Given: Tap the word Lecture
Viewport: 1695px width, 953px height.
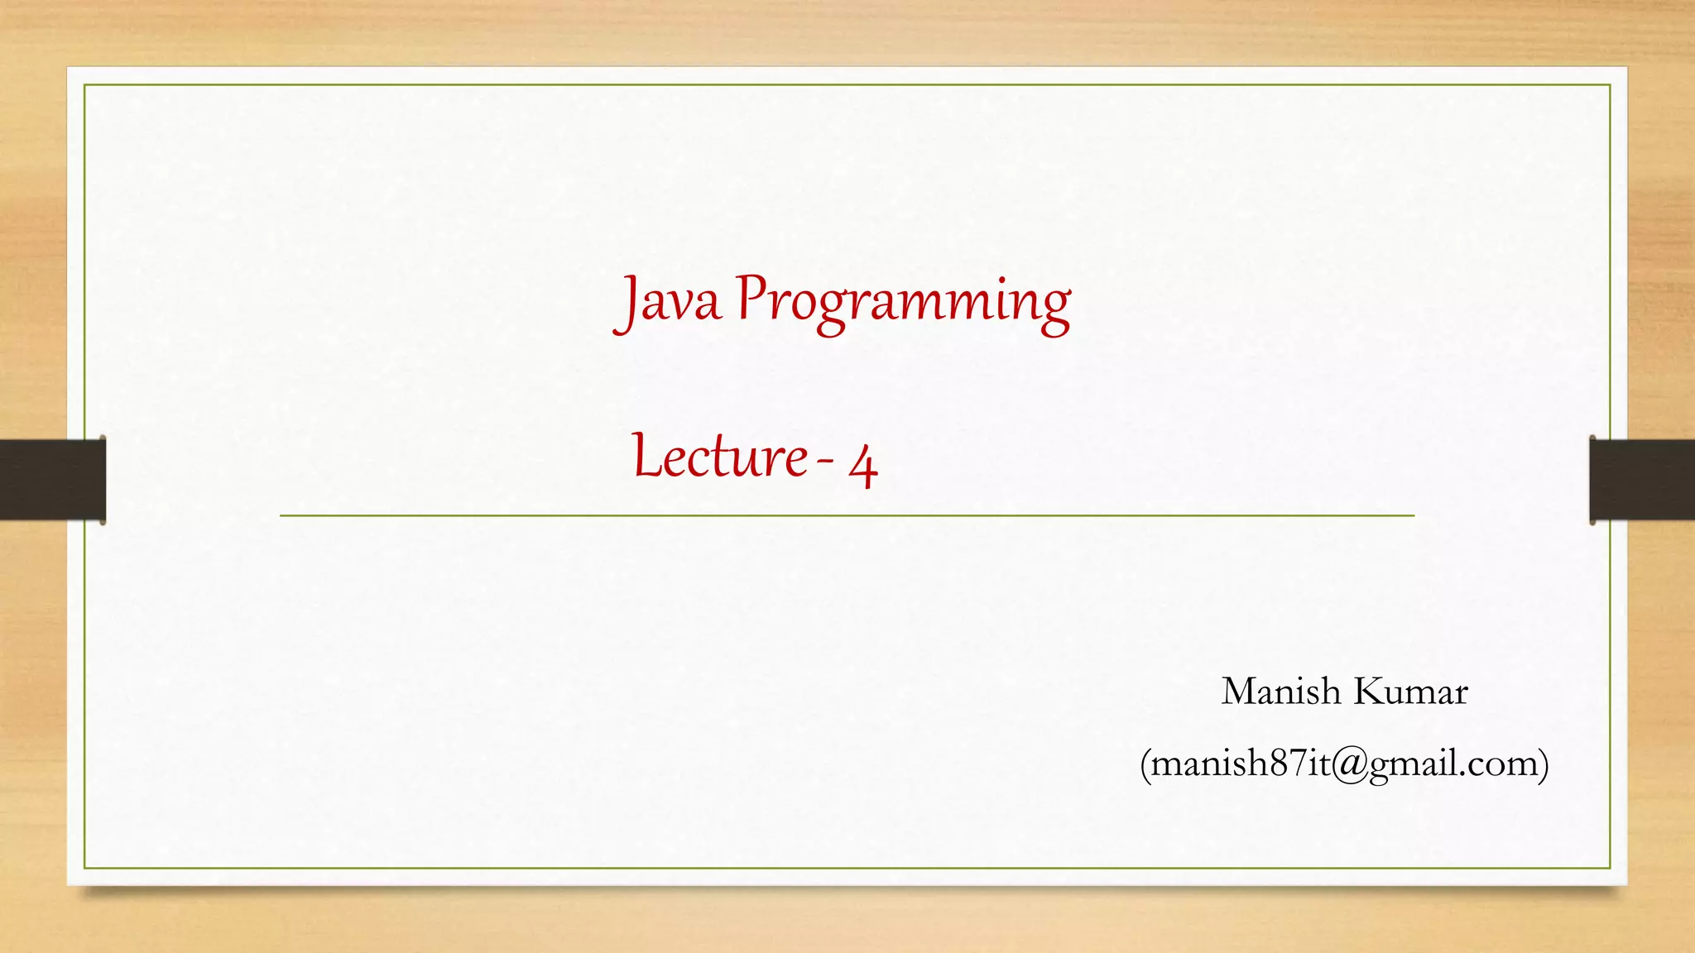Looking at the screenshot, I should click(x=720, y=457).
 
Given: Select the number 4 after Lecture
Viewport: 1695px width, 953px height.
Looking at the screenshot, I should click(x=862, y=466).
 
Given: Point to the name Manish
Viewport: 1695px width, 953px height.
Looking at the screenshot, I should click(x=1280, y=692).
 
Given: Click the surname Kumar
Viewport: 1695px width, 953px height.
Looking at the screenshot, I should click(x=1411, y=692).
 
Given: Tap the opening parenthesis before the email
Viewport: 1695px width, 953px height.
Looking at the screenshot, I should click(x=1145, y=764).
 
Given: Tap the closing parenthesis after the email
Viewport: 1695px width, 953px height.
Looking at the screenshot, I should click(x=1543, y=764).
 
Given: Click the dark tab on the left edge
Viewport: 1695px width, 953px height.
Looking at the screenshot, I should click(x=52, y=480).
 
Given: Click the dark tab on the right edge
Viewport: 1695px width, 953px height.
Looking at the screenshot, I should click(x=1642, y=480).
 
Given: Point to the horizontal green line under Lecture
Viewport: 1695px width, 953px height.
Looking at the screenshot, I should click(x=847, y=515).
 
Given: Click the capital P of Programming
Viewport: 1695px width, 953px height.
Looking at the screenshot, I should click(x=751, y=297).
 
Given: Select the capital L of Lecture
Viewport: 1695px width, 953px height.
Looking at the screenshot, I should click(x=646, y=456).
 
